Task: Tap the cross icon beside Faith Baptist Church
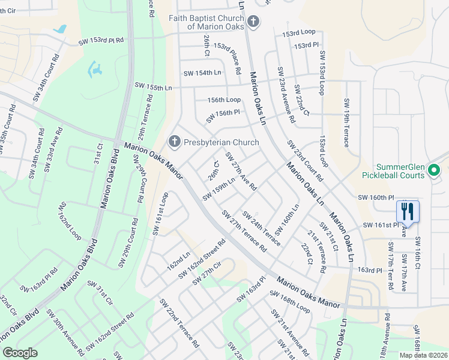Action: coord(253,22)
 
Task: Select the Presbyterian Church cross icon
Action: coord(175,142)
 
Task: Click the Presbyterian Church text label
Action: coord(221,143)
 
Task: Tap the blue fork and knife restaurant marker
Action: coord(407,211)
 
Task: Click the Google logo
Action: coord(20,353)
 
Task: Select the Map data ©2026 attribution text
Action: coord(423,355)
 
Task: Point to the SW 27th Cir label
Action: coord(208,273)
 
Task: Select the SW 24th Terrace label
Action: coord(261,228)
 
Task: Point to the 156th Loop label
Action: coord(224,100)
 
